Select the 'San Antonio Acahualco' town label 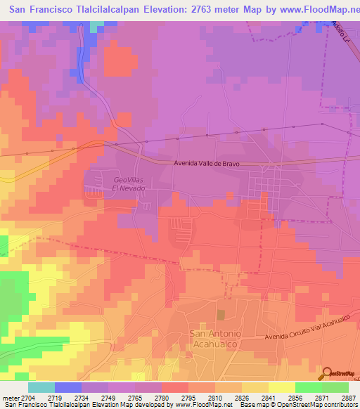pos(215,337)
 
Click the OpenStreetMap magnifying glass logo pos(326,372)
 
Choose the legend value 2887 pos(349,397)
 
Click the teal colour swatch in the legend pos(41,387)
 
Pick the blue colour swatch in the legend pos(68,387)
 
